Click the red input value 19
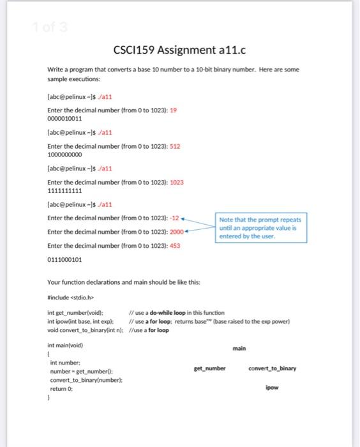[x=173, y=110]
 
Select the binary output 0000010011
[x=64, y=118]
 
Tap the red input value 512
[x=175, y=146]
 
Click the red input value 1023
[x=177, y=182]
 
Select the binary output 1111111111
[x=64, y=190]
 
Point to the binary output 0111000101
[x=64, y=259]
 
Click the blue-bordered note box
[x=262, y=227]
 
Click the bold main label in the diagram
[x=239, y=348]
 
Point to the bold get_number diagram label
[x=210, y=368]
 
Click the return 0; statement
[x=63, y=386]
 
